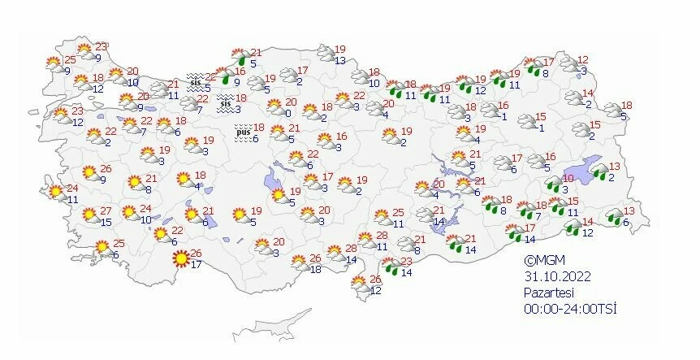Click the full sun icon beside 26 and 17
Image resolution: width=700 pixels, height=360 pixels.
pyautogui.click(x=181, y=259)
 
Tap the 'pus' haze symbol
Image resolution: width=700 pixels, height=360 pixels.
pyautogui.click(x=242, y=130)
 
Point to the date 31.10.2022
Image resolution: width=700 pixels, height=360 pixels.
pyautogui.click(x=556, y=276)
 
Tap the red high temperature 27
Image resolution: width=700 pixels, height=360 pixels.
pyautogui.click(x=106, y=211)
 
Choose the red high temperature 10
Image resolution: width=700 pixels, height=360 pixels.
pyautogui.click(x=568, y=179)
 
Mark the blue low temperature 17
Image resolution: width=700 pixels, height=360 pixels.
pyautogui.click(x=196, y=264)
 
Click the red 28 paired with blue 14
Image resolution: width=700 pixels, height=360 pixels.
pyautogui.click(x=351, y=249)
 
